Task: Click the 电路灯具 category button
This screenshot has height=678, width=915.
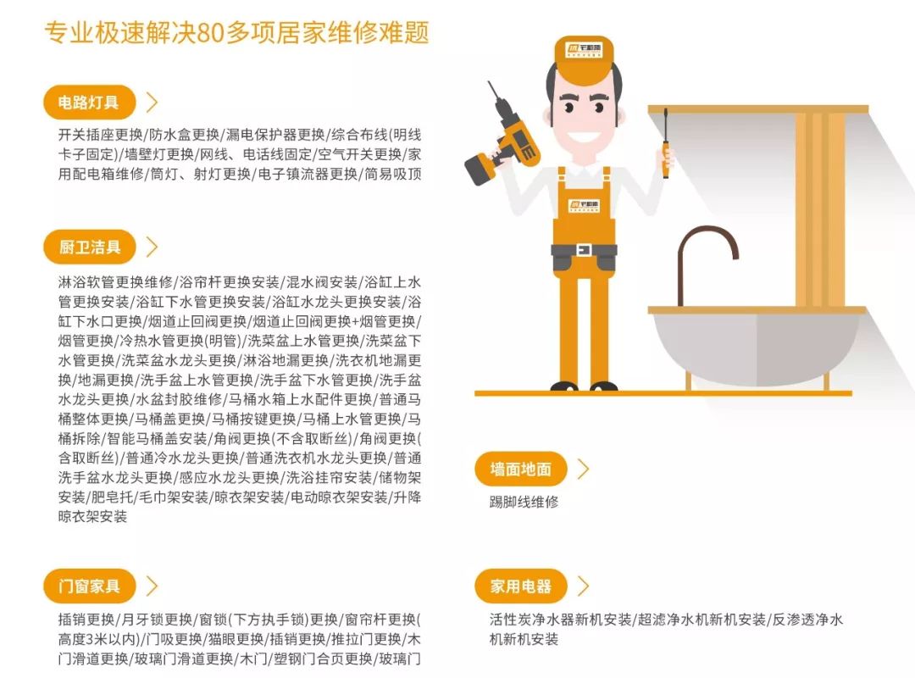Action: (89, 103)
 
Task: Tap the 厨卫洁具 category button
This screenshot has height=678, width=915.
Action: (89, 247)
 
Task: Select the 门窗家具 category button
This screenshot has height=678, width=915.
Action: (89, 586)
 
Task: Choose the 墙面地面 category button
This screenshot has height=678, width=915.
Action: (520, 469)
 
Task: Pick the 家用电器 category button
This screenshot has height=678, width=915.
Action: (520, 586)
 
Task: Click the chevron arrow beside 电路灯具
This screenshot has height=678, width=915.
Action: (152, 103)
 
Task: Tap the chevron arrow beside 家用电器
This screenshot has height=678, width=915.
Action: (584, 586)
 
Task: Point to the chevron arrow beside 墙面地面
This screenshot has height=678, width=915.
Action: (584, 469)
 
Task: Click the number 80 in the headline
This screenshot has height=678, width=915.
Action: (209, 33)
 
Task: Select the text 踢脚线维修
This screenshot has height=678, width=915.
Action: (524, 502)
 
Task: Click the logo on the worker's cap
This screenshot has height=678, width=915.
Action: (584, 50)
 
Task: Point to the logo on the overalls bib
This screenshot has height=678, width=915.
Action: (584, 205)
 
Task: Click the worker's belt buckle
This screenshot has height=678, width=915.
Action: (584, 250)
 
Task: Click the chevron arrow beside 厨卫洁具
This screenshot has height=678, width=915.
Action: (152, 247)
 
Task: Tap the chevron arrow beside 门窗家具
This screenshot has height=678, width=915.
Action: (152, 586)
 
